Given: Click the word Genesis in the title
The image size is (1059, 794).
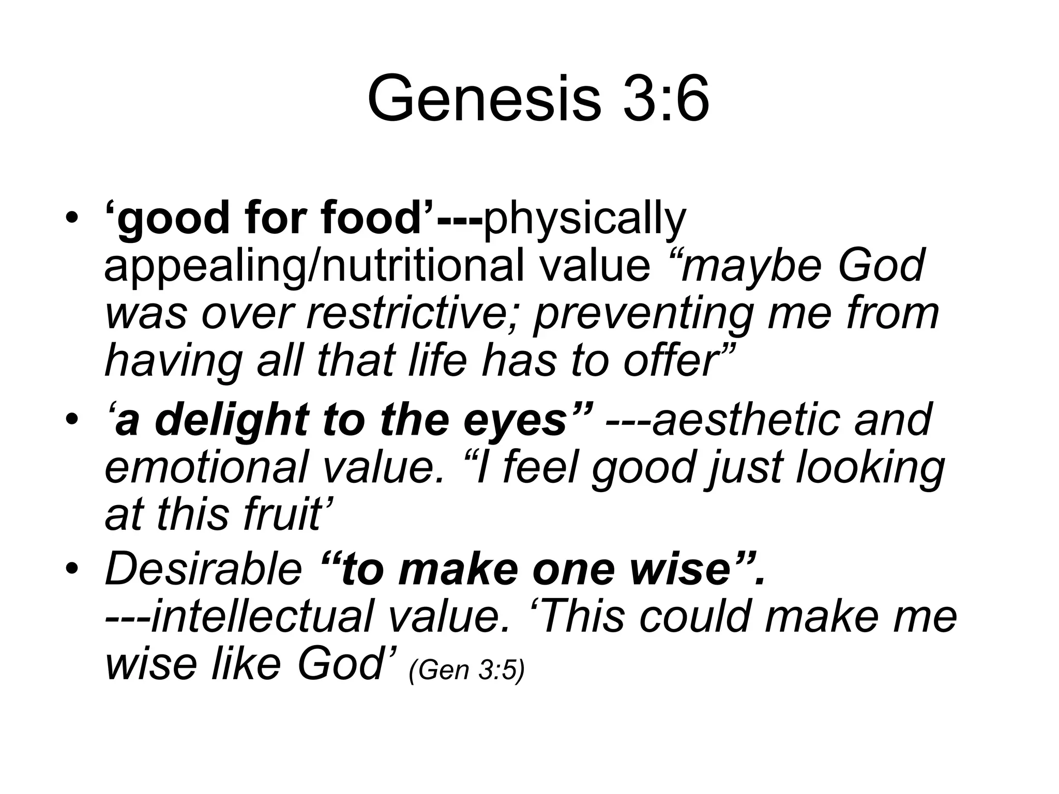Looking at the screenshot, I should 484,99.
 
